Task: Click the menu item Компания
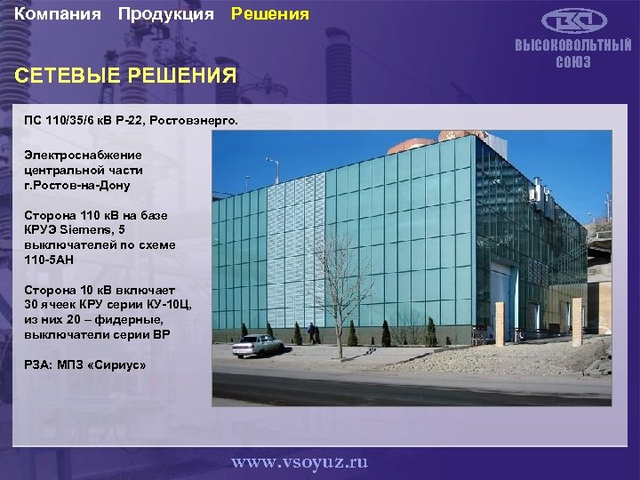[58, 14]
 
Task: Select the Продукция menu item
[165, 14]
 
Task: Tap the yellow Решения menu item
[270, 14]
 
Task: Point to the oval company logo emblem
[572, 20]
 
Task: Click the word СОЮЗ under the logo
[573, 62]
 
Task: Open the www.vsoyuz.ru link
[299, 462]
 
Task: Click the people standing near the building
[312, 333]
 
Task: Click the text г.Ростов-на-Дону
[77, 185]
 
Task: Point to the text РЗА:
[38, 365]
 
